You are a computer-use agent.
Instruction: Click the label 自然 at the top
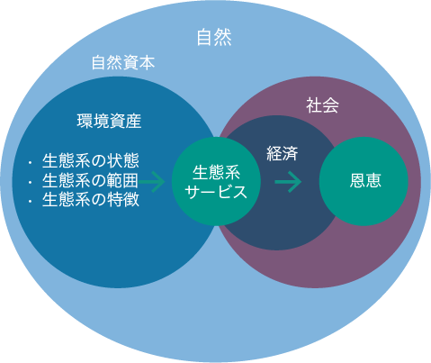pos(214,38)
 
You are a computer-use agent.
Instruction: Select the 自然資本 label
pos(123,63)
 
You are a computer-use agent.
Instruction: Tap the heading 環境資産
pos(109,121)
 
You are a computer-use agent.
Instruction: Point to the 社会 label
pos(322,105)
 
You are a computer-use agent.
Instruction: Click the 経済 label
pos(283,154)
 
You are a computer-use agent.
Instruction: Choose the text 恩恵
pos(365,181)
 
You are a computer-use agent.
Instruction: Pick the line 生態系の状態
pos(91,161)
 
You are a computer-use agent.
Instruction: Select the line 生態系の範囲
pos(91,180)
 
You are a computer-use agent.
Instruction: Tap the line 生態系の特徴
pos(91,200)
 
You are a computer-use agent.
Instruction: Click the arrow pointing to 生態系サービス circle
pos(151,182)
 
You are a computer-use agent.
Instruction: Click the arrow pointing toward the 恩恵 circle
pos(288,182)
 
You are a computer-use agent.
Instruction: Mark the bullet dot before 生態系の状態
pos(30,163)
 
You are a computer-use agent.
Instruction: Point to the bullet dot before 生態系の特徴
pos(30,202)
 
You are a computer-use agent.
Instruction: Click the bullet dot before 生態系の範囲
pos(30,182)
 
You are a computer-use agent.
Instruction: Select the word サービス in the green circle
pos(216,192)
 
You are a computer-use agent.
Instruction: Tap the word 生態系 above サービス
pos(216,173)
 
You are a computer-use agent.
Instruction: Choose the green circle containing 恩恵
pos(364,181)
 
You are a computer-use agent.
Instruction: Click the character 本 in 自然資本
pos(148,63)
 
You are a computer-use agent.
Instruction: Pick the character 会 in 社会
pos(331,105)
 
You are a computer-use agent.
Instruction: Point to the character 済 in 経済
pos(291,154)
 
